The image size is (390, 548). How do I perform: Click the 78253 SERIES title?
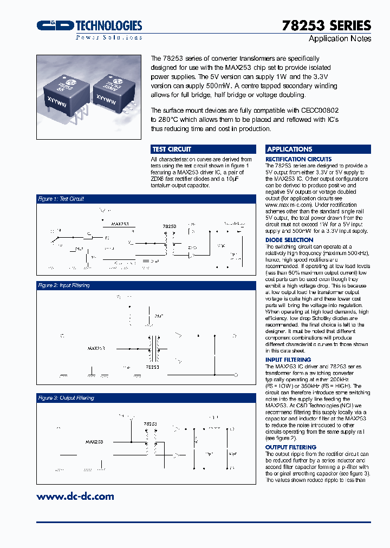[x=327, y=25]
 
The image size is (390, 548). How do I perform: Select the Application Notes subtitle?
[x=340, y=39]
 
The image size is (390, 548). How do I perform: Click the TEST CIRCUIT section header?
[x=172, y=149]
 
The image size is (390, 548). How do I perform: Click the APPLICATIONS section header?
[x=290, y=149]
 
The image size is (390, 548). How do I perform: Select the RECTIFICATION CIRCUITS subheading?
[x=298, y=159]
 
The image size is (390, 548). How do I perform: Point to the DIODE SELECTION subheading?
[x=289, y=240]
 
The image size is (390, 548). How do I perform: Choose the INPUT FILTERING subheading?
[x=288, y=360]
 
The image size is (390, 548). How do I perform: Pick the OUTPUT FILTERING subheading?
[x=291, y=447]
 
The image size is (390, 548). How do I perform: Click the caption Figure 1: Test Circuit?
[x=61, y=199]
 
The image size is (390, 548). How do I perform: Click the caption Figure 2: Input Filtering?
[x=63, y=285]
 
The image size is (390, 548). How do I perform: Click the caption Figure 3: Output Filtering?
[x=66, y=398]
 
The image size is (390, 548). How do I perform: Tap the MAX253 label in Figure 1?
[x=120, y=223]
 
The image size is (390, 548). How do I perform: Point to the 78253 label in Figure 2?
[x=152, y=367]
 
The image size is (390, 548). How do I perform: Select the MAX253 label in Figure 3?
[x=94, y=442]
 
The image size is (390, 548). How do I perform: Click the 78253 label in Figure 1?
[x=170, y=226]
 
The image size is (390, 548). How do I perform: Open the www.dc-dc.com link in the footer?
[x=75, y=496]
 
